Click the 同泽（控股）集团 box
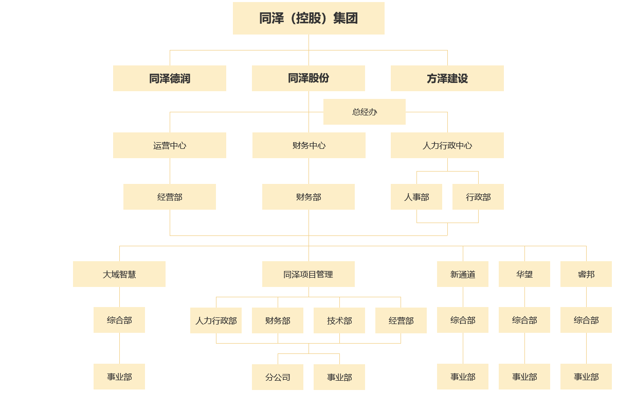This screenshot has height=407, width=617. (308, 19)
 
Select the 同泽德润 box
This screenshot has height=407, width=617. (170, 78)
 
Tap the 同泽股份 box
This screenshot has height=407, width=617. (308, 78)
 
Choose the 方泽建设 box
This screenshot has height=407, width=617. (447, 78)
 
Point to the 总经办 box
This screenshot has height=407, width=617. (365, 112)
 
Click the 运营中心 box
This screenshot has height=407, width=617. (170, 145)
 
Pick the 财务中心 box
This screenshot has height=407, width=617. (308, 145)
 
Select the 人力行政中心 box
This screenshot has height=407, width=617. (447, 145)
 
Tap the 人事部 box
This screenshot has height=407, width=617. (416, 197)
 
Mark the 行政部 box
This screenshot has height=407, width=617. (478, 197)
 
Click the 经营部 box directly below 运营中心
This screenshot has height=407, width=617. (170, 197)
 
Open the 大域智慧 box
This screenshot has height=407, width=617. (119, 274)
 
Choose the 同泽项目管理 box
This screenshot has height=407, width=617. (308, 274)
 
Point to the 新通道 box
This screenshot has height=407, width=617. (463, 274)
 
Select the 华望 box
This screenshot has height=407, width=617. (524, 274)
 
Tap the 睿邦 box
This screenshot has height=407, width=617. (586, 274)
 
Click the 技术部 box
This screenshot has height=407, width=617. (339, 320)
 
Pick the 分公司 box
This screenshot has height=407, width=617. (278, 377)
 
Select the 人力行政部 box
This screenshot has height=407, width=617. (216, 320)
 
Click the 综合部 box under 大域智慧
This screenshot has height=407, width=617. (119, 320)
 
